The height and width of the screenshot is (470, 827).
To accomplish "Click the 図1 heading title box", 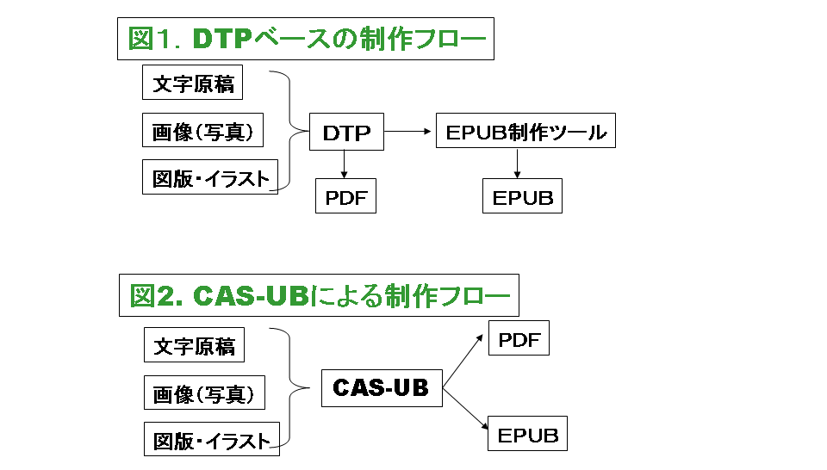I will [305, 39].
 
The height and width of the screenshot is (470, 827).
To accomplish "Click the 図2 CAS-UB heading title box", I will [318, 296].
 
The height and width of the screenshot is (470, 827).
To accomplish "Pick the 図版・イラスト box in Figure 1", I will [209, 177].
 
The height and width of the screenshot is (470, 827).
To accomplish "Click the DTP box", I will [346, 133].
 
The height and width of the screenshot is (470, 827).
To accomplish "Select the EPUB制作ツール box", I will [525, 133].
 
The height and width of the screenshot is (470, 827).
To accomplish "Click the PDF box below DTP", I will [346, 197].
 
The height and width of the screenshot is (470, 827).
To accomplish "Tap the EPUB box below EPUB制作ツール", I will [522, 197].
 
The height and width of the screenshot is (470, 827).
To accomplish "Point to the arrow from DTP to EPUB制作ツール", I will [409, 132].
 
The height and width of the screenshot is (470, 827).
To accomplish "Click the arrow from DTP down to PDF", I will [345, 164].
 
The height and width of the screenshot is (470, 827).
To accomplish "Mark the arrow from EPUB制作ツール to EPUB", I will [517, 164].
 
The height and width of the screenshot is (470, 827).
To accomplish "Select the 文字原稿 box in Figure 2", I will [193, 346].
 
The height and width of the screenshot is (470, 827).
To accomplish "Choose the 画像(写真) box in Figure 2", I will [202, 394].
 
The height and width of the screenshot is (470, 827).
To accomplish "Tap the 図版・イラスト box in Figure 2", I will [210, 441].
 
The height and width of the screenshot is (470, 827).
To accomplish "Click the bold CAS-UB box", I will [381, 388].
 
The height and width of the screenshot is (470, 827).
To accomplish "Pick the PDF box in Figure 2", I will [519, 338].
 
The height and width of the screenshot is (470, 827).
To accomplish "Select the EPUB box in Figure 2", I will [527, 434].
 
